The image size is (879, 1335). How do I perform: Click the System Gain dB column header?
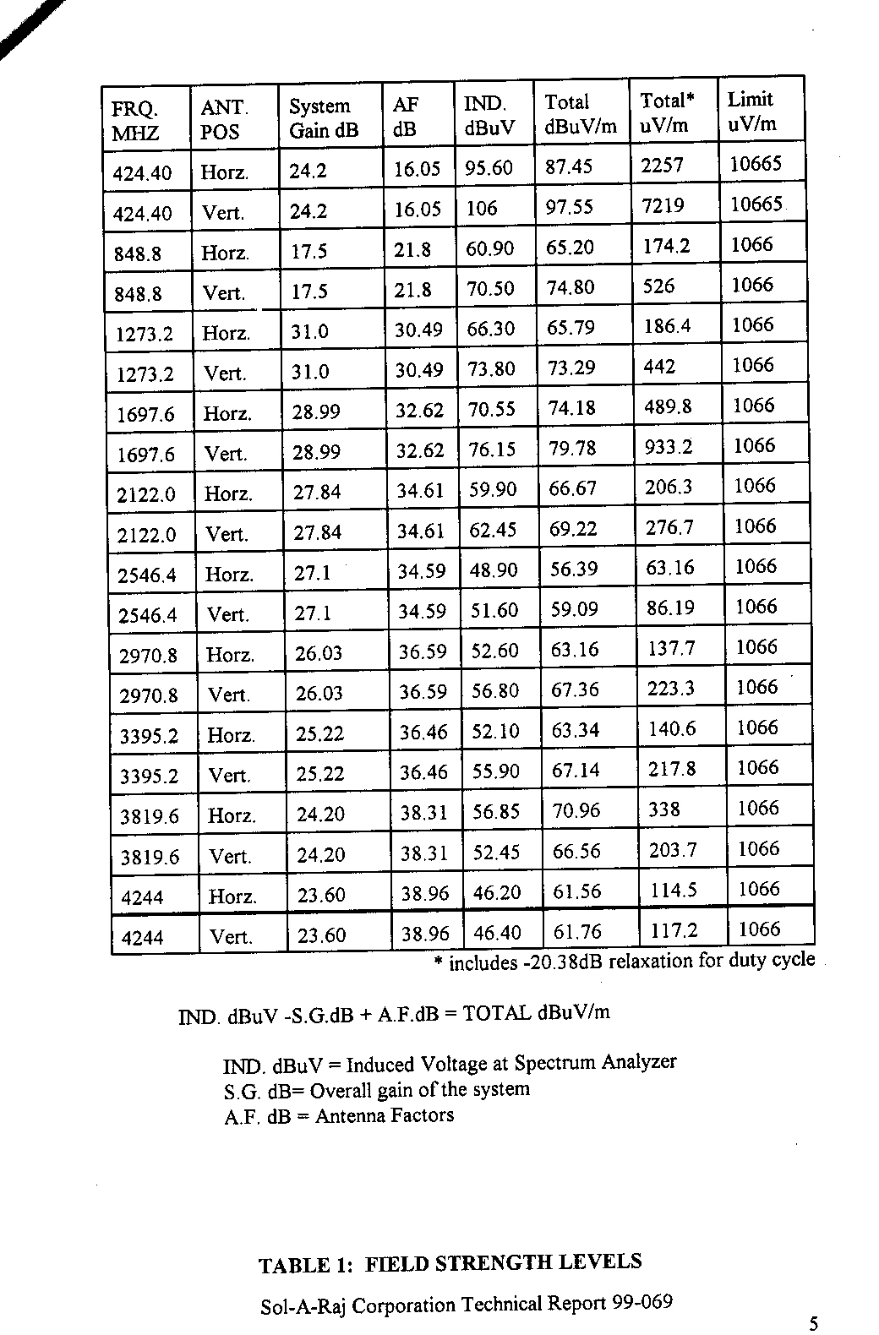[324, 118]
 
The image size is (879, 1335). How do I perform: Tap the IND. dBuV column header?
[489, 116]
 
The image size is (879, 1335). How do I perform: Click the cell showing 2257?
[662, 165]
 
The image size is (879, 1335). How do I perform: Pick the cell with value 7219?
[663, 205]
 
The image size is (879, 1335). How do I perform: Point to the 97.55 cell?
[570, 207]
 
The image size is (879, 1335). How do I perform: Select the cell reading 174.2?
[667, 246]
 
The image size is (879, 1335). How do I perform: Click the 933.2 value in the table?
[669, 446]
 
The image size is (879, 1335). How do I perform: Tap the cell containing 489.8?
[668, 406]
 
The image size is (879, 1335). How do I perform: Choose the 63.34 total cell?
[576, 729]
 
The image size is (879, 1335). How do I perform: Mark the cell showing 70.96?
[576, 811]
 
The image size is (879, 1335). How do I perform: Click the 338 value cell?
[664, 809]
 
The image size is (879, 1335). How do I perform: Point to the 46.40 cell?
[497, 933]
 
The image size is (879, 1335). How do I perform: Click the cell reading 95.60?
[489, 168]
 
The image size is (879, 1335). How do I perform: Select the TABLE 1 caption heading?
[450, 1263]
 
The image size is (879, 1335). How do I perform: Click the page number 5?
[813, 1324]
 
